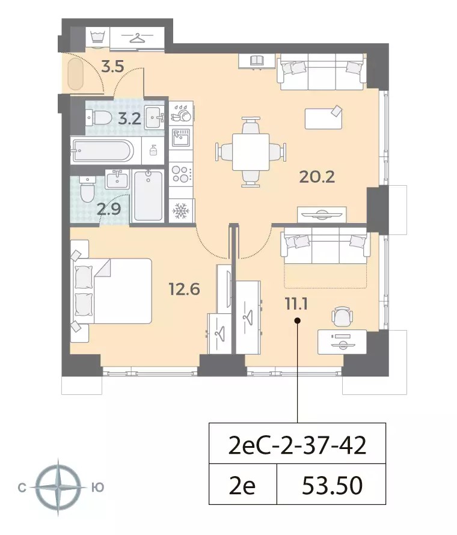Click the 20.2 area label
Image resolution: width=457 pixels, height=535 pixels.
[317, 177]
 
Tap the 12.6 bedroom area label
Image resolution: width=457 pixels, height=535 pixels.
[184, 289]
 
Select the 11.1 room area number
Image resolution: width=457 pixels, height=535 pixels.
[296, 304]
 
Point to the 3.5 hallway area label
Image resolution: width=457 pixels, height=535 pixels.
[112, 67]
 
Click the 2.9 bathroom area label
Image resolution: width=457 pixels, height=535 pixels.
[109, 209]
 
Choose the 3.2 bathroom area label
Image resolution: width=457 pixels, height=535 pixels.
[130, 119]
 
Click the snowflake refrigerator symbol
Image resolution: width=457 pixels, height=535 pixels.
[180, 211]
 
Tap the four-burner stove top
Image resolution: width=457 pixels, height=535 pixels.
[181, 174]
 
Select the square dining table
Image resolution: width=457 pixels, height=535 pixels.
[251, 152]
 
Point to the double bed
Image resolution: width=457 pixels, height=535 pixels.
[111, 291]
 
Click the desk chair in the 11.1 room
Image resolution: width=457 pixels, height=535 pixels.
[342, 317]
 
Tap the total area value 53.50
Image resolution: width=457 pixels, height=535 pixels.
[332, 486]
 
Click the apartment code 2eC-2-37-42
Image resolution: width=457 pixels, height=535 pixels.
[297, 445]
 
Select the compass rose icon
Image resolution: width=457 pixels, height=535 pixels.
[58, 488]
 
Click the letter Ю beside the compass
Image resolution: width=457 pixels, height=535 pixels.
[98, 488]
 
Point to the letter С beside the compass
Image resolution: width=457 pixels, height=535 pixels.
[22, 488]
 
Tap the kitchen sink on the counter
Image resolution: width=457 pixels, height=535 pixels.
[180, 137]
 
